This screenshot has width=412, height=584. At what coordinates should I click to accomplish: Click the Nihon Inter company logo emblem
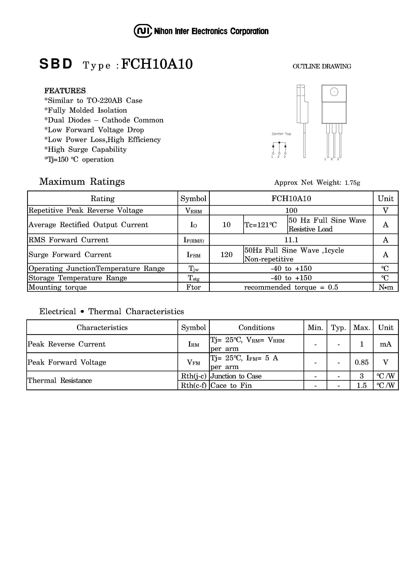tap(143, 31)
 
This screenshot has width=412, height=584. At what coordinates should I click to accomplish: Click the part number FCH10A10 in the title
tap(157, 64)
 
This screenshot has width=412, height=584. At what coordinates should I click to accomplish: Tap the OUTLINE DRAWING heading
tap(322, 66)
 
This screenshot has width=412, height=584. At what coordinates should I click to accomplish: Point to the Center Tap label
tap(281, 134)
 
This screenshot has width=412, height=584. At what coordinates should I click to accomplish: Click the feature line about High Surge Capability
tap(85, 150)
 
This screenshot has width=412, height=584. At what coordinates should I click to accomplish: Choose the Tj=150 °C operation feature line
tap(79, 159)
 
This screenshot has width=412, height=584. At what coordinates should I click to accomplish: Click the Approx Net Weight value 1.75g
tap(352, 183)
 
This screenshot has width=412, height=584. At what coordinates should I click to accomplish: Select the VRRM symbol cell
tap(194, 211)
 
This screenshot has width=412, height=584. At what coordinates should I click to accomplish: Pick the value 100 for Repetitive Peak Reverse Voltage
tap(291, 211)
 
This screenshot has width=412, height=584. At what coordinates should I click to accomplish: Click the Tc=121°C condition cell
tap(261, 225)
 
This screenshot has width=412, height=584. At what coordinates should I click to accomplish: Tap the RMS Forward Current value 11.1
tap(291, 240)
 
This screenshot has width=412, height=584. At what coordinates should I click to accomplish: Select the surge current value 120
tap(226, 255)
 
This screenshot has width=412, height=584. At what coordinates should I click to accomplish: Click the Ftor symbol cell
tap(194, 287)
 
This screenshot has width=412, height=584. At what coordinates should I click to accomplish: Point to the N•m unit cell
tap(386, 287)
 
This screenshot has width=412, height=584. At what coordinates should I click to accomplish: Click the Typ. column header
tap(338, 328)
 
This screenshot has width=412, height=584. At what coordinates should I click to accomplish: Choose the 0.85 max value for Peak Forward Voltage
tap(362, 362)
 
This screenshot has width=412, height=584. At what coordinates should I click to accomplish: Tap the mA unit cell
tap(386, 344)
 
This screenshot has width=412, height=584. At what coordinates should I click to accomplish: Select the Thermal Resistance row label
tap(60, 380)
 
